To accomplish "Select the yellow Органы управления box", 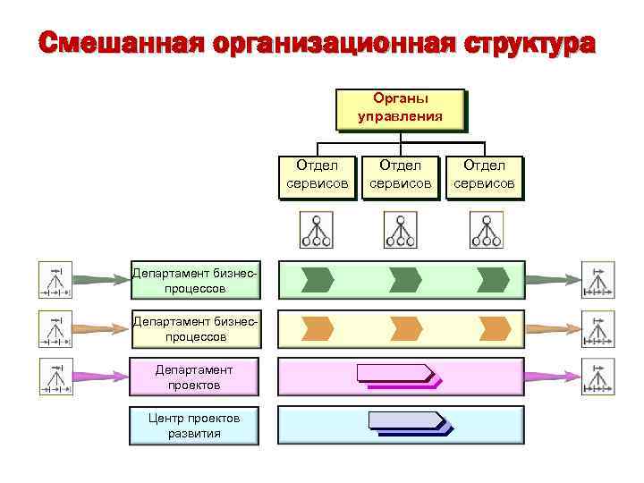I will [400, 108].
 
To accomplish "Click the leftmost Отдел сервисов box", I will [317, 175].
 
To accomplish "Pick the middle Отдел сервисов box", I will [400, 175].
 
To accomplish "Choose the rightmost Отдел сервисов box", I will [484, 175].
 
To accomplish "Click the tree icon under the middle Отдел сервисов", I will [400, 230].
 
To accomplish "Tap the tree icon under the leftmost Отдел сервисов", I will [316, 230].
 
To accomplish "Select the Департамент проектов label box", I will [194, 377].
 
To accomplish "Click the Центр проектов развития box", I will [194, 425].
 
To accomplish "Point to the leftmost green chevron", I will [317, 279].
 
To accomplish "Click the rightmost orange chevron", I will [493, 328].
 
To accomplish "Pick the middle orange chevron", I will [405, 328].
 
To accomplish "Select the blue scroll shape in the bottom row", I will [407, 421].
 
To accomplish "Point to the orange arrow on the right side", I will [554, 328].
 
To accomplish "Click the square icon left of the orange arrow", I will [55, 328].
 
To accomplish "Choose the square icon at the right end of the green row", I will [597, 279].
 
